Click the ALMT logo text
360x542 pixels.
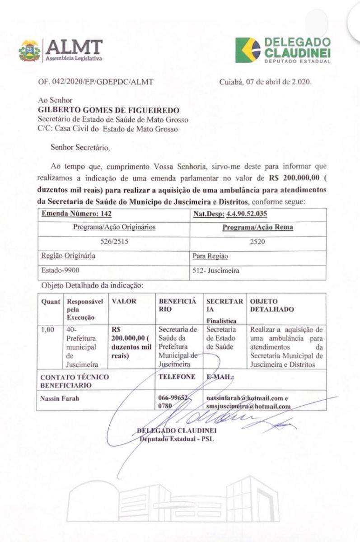click(74, 47)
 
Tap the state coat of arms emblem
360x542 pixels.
click(30, 51)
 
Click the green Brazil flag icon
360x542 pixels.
click(248, 51)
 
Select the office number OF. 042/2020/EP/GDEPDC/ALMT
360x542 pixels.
click(96, 82)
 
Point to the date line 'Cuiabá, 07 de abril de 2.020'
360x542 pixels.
click(265, 82)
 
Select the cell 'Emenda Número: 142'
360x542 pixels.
click(76, 214)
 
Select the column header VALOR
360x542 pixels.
click(124, 301)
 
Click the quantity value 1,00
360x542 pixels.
click(47, 330)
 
